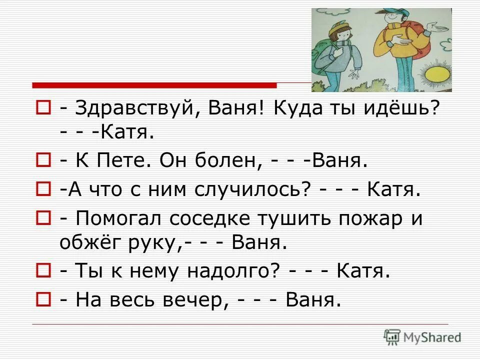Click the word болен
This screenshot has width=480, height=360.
click(224, 161)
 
